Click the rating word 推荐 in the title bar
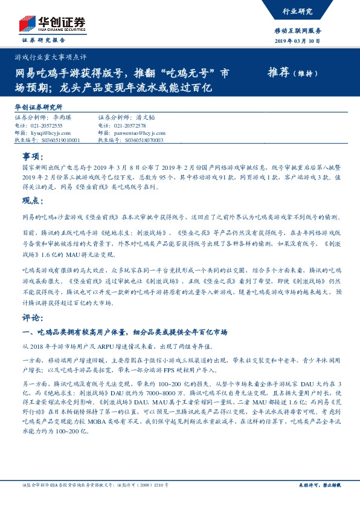tap(278, 73)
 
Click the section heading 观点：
tap(33, 201)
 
